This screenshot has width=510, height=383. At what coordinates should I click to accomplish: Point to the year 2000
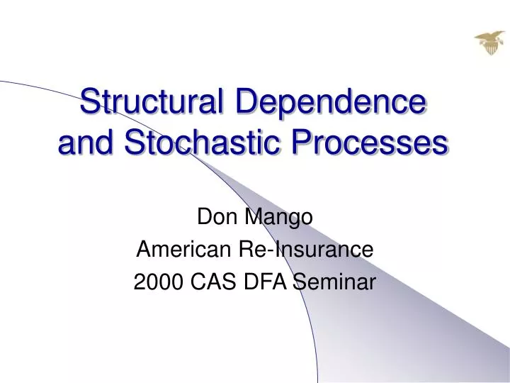[155, 282]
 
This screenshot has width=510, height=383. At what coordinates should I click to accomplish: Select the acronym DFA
[268, 282]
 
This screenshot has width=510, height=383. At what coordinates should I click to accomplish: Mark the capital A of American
[142, 250]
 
